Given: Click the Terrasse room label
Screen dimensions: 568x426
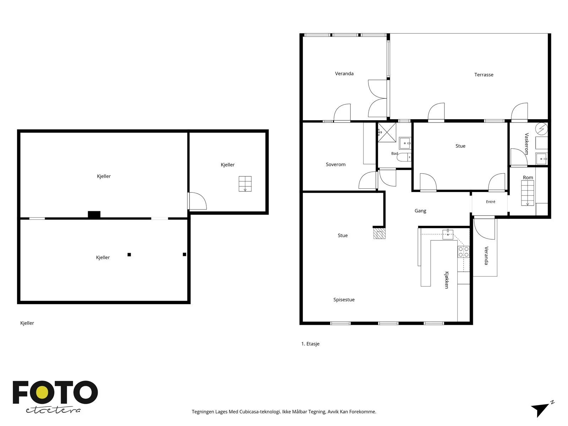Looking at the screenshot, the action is (484, 75).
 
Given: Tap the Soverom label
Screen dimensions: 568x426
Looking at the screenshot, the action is (335, 164).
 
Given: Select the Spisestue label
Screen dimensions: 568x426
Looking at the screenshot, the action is (344, 300).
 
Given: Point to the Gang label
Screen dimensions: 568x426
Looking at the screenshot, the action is (420, 211).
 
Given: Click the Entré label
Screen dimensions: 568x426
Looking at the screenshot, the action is (490, 202).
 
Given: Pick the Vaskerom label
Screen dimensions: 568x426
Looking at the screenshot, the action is (526, 144).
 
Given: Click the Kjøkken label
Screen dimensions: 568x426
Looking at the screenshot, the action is (446, 280).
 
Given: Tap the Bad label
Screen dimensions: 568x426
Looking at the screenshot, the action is (394, 153).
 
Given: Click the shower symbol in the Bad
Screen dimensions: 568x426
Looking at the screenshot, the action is (387, 132).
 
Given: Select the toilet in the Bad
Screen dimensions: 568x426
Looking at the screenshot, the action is (404, 157).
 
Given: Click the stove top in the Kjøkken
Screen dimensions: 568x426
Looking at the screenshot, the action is (463, 252).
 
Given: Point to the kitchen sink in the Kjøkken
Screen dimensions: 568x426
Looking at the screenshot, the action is (447, 234).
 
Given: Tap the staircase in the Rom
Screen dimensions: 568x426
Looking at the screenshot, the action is (527, 193).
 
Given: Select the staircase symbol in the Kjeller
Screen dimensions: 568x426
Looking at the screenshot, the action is (245, 184).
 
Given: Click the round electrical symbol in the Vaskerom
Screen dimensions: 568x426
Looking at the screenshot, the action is (541, 129).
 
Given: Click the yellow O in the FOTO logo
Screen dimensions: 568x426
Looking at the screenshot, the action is (42, 393).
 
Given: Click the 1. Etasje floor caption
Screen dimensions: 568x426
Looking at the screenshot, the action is (310, 344).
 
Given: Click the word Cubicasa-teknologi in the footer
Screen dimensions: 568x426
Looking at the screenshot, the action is (260, 411).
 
